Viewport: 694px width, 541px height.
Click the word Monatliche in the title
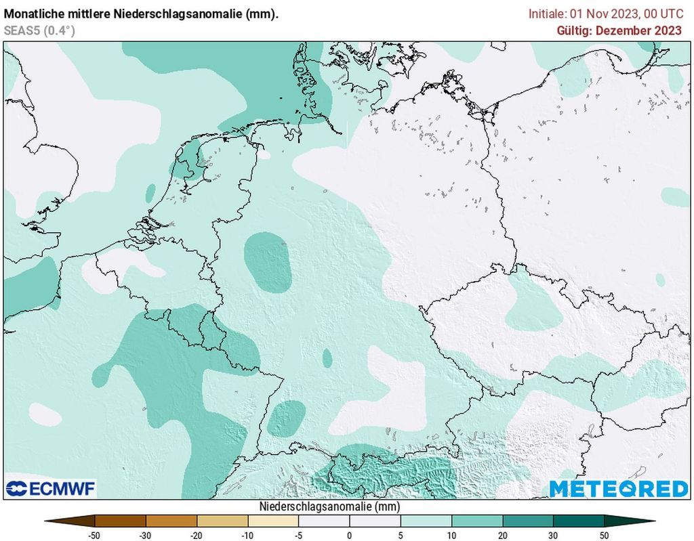[x=31, y=14]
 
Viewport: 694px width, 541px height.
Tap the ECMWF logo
[x=50, y=488]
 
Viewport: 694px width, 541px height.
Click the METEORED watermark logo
[x=618, y=488]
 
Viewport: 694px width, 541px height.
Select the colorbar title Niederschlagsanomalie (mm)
[x=329, y=506]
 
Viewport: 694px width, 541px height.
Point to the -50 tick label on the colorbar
[x=95, y=536]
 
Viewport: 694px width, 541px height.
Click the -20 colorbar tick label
[x=197, y=536]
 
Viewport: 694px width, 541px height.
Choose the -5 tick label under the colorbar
[x=298, y=536]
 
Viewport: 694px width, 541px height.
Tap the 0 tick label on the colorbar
[x=350, y=536]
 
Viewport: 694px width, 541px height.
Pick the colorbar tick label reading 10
[x=451, y=536]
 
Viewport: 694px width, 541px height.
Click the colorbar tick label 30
[x=553, y=536]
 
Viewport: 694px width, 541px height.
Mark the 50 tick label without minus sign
[x=604, y=536]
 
